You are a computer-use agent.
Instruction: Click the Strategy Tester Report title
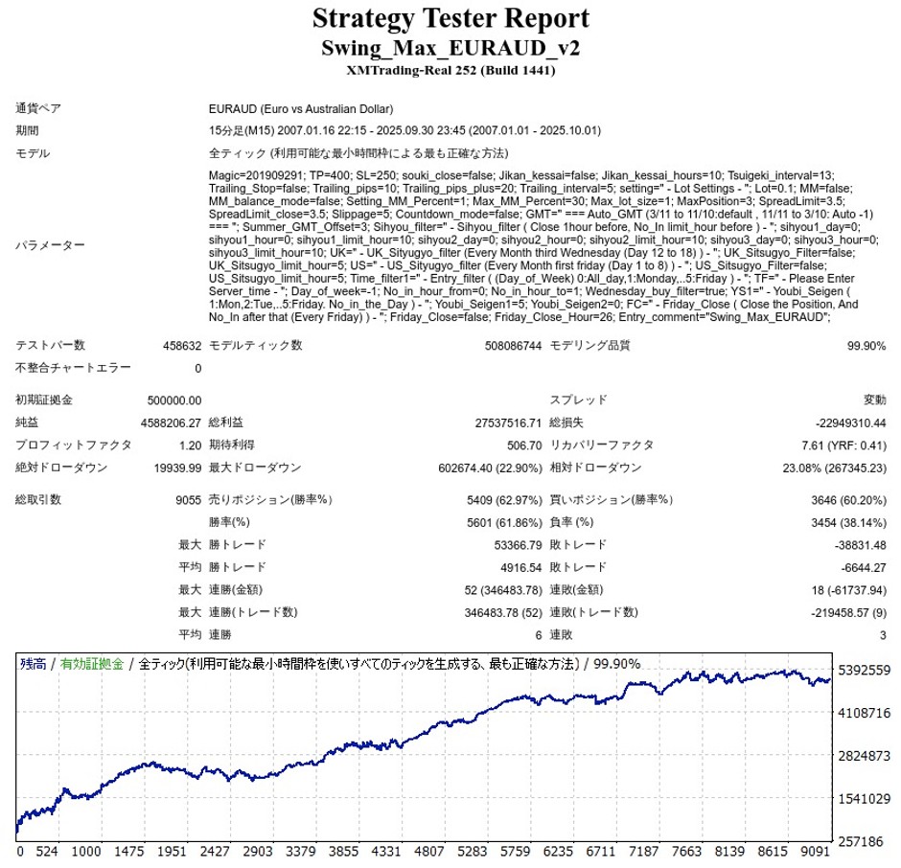click(450, 18)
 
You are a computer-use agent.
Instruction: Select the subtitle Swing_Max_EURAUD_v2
click(450, 48)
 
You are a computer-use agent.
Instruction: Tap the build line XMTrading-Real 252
click(450, 70)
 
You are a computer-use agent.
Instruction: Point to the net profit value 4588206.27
click(169, 423)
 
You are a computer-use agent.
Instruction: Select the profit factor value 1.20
click(190, 445)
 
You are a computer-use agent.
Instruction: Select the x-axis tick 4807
click(430, 852)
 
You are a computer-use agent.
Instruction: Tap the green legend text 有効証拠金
click(92, 663)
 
